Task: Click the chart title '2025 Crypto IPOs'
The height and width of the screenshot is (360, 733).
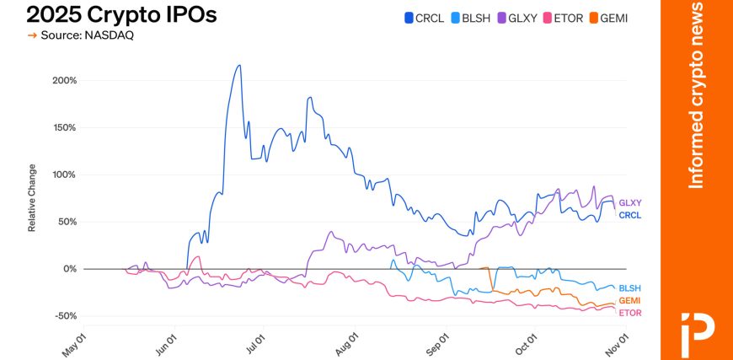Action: click(x=121, y=14)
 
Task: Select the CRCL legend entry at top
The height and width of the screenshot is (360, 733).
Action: click(x=424, y=17)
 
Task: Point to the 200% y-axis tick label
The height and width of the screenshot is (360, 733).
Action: click(x=65, y=81)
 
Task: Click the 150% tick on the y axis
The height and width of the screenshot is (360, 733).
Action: click(x=65, y=128)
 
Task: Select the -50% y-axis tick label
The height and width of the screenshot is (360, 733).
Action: click(x=65, y=316)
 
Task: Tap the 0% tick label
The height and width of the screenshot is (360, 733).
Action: click(x=69, y=269)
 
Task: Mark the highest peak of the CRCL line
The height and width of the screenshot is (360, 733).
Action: click(x=239, y=66)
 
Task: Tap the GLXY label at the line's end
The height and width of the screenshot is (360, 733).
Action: click(x=630, y=203)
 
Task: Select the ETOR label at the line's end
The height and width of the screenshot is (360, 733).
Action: click(x=630, y=313)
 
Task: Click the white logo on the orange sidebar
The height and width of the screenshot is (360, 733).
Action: click(x=697, y=328)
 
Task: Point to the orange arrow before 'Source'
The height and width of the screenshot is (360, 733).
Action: click(x=32, y=35)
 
